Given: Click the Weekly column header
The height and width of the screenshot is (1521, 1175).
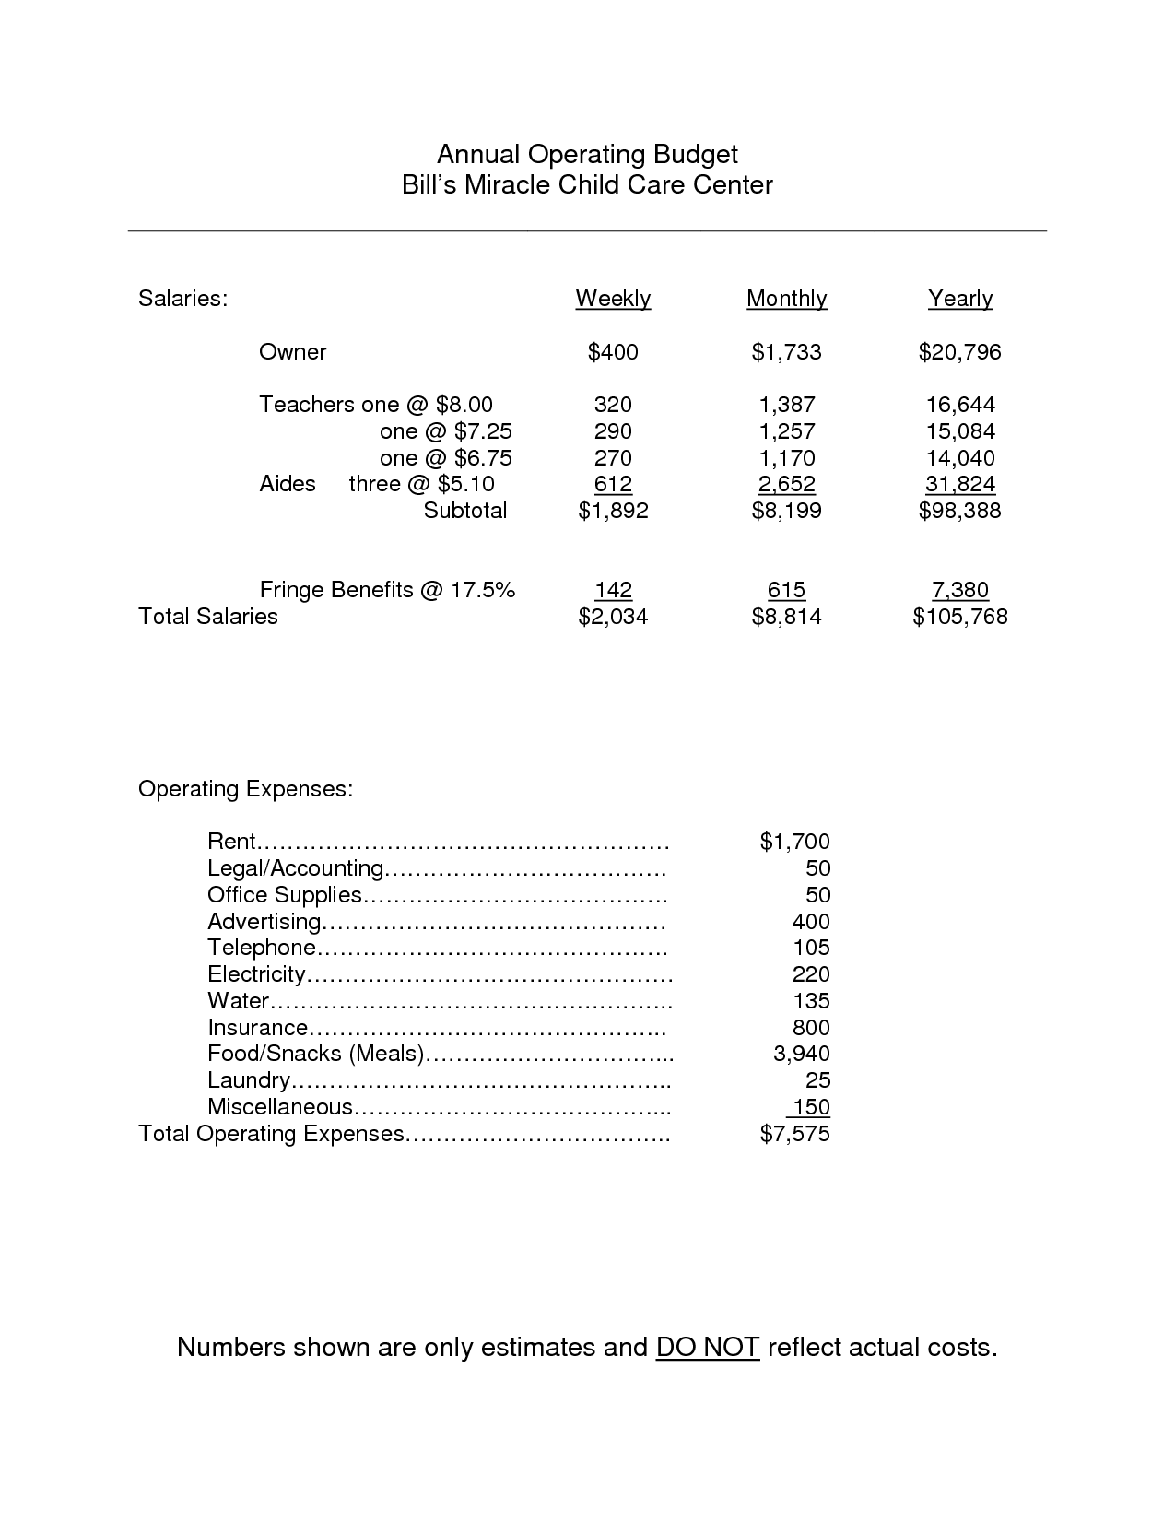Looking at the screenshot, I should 613,299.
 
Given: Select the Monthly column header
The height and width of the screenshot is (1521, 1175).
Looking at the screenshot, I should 786,299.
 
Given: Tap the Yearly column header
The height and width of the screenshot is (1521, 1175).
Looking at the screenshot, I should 960,299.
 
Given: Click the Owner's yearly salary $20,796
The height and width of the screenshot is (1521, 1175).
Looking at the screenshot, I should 959,352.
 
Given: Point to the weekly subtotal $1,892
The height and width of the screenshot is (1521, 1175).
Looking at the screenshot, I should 613,511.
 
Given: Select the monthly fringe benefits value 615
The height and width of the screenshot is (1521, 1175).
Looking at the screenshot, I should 786,590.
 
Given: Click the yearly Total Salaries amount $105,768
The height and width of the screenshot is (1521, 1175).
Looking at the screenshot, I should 959,617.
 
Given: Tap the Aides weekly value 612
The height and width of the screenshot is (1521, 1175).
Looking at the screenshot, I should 613,484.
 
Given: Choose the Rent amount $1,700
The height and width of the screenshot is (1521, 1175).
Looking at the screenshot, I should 794,842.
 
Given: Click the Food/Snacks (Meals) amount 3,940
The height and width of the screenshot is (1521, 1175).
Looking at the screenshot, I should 801,1054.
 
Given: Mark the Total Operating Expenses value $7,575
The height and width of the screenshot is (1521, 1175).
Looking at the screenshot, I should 794,1134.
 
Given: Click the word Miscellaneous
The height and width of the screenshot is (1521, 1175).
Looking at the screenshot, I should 280,1107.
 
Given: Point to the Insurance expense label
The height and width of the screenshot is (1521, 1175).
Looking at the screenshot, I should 258,1028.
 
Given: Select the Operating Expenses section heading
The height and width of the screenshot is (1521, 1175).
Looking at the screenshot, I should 245,789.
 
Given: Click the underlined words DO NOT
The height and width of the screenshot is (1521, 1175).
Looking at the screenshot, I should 707,1348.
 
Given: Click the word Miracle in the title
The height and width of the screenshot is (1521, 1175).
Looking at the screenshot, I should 506,184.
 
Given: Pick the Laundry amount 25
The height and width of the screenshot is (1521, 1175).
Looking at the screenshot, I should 817,1080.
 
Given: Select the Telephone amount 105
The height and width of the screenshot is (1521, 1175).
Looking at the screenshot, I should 811,948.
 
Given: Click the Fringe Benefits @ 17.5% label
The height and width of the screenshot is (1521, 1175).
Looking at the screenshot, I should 387,590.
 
